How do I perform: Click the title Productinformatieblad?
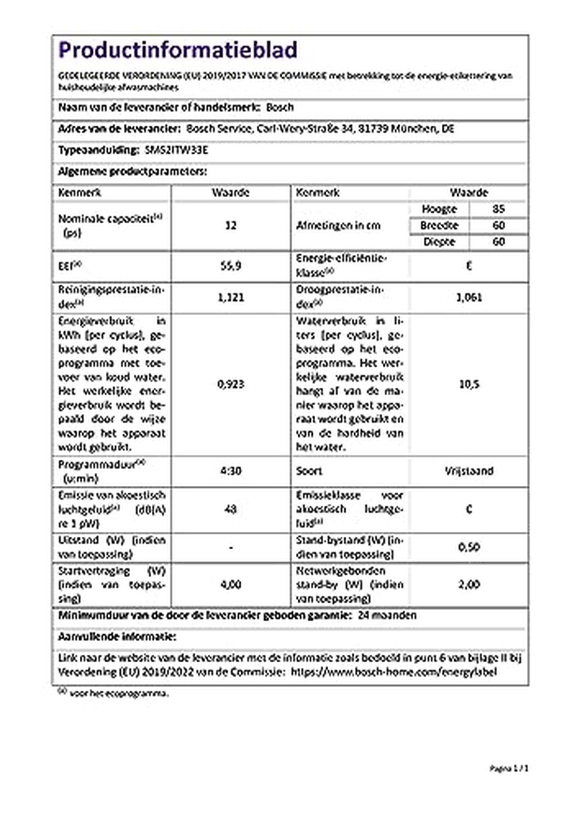177,50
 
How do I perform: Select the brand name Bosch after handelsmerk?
280,107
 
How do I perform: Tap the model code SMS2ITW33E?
176,150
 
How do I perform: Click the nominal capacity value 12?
231,225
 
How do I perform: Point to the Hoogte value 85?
498,209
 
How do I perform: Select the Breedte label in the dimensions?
439,225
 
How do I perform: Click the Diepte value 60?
498,241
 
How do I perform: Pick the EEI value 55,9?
231,265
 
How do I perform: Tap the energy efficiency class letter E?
469,265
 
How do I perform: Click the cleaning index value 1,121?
231,297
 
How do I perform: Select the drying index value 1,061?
469,297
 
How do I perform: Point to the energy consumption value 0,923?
231,384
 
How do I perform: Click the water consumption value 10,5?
469,384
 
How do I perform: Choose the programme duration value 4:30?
231,471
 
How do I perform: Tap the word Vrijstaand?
469,471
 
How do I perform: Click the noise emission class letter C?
469,509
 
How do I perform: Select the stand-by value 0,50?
469,547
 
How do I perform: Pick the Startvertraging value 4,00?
231,585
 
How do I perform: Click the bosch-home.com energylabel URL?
393,672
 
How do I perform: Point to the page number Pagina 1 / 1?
509,768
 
